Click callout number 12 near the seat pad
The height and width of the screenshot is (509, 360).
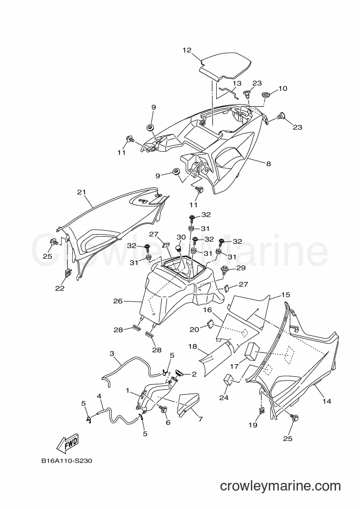pos(187,50)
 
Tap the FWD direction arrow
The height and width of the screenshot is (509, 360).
pos(68,443)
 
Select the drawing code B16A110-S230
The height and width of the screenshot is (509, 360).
pos(66,461)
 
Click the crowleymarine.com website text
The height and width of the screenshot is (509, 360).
pos(280,486)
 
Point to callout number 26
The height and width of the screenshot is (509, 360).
pos(118,301)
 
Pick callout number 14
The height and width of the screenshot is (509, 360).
pos(327,401)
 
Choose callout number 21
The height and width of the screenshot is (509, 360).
pos(81,192)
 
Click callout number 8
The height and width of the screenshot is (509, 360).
pos(269,164)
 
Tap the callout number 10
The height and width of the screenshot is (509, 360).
pos(283,88)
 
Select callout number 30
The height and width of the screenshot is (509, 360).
pos(181,237)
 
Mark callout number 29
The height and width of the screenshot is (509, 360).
pos(241,268)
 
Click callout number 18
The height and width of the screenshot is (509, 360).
pos(192,346)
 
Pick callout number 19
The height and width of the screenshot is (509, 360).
pos(253,425)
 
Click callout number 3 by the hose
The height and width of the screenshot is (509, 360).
pos(112,353)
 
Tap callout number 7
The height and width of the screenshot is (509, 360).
pos(200,419)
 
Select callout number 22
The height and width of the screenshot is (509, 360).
pos(60,288)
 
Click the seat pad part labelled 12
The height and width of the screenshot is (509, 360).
pos(225,66)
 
